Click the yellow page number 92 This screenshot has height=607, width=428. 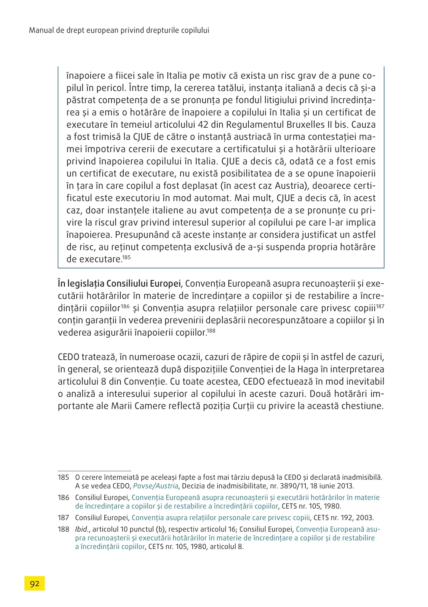35,584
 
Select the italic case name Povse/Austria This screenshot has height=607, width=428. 156,486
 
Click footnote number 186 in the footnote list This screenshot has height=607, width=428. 64,497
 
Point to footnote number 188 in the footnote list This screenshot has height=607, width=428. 64,529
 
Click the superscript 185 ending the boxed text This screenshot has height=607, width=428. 126,257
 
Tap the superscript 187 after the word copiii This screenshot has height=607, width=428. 380,306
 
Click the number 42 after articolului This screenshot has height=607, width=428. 203,124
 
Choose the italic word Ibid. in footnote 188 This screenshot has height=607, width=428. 82,529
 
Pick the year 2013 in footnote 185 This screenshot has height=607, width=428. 346,486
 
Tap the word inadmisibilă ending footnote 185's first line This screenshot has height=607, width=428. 362,477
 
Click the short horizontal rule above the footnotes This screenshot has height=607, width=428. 94,470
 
